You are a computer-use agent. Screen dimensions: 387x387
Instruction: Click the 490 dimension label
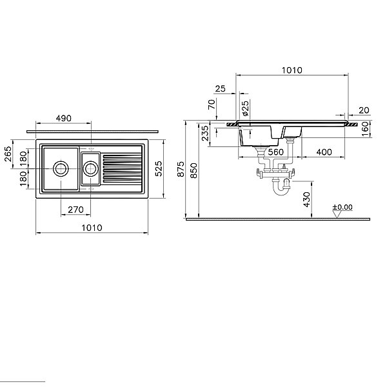63,118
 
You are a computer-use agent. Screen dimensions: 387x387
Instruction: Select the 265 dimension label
8,154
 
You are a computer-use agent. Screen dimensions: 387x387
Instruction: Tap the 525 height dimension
159,168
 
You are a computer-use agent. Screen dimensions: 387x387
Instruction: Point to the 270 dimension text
75,210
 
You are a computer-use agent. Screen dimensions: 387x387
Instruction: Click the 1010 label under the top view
92,228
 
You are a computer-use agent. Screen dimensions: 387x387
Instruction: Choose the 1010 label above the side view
292,70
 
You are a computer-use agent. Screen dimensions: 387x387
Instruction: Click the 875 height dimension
181,169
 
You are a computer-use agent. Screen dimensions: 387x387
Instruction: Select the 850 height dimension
194,170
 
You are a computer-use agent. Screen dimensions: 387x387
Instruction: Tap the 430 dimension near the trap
306,199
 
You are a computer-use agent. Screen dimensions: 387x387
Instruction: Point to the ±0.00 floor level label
342,207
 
